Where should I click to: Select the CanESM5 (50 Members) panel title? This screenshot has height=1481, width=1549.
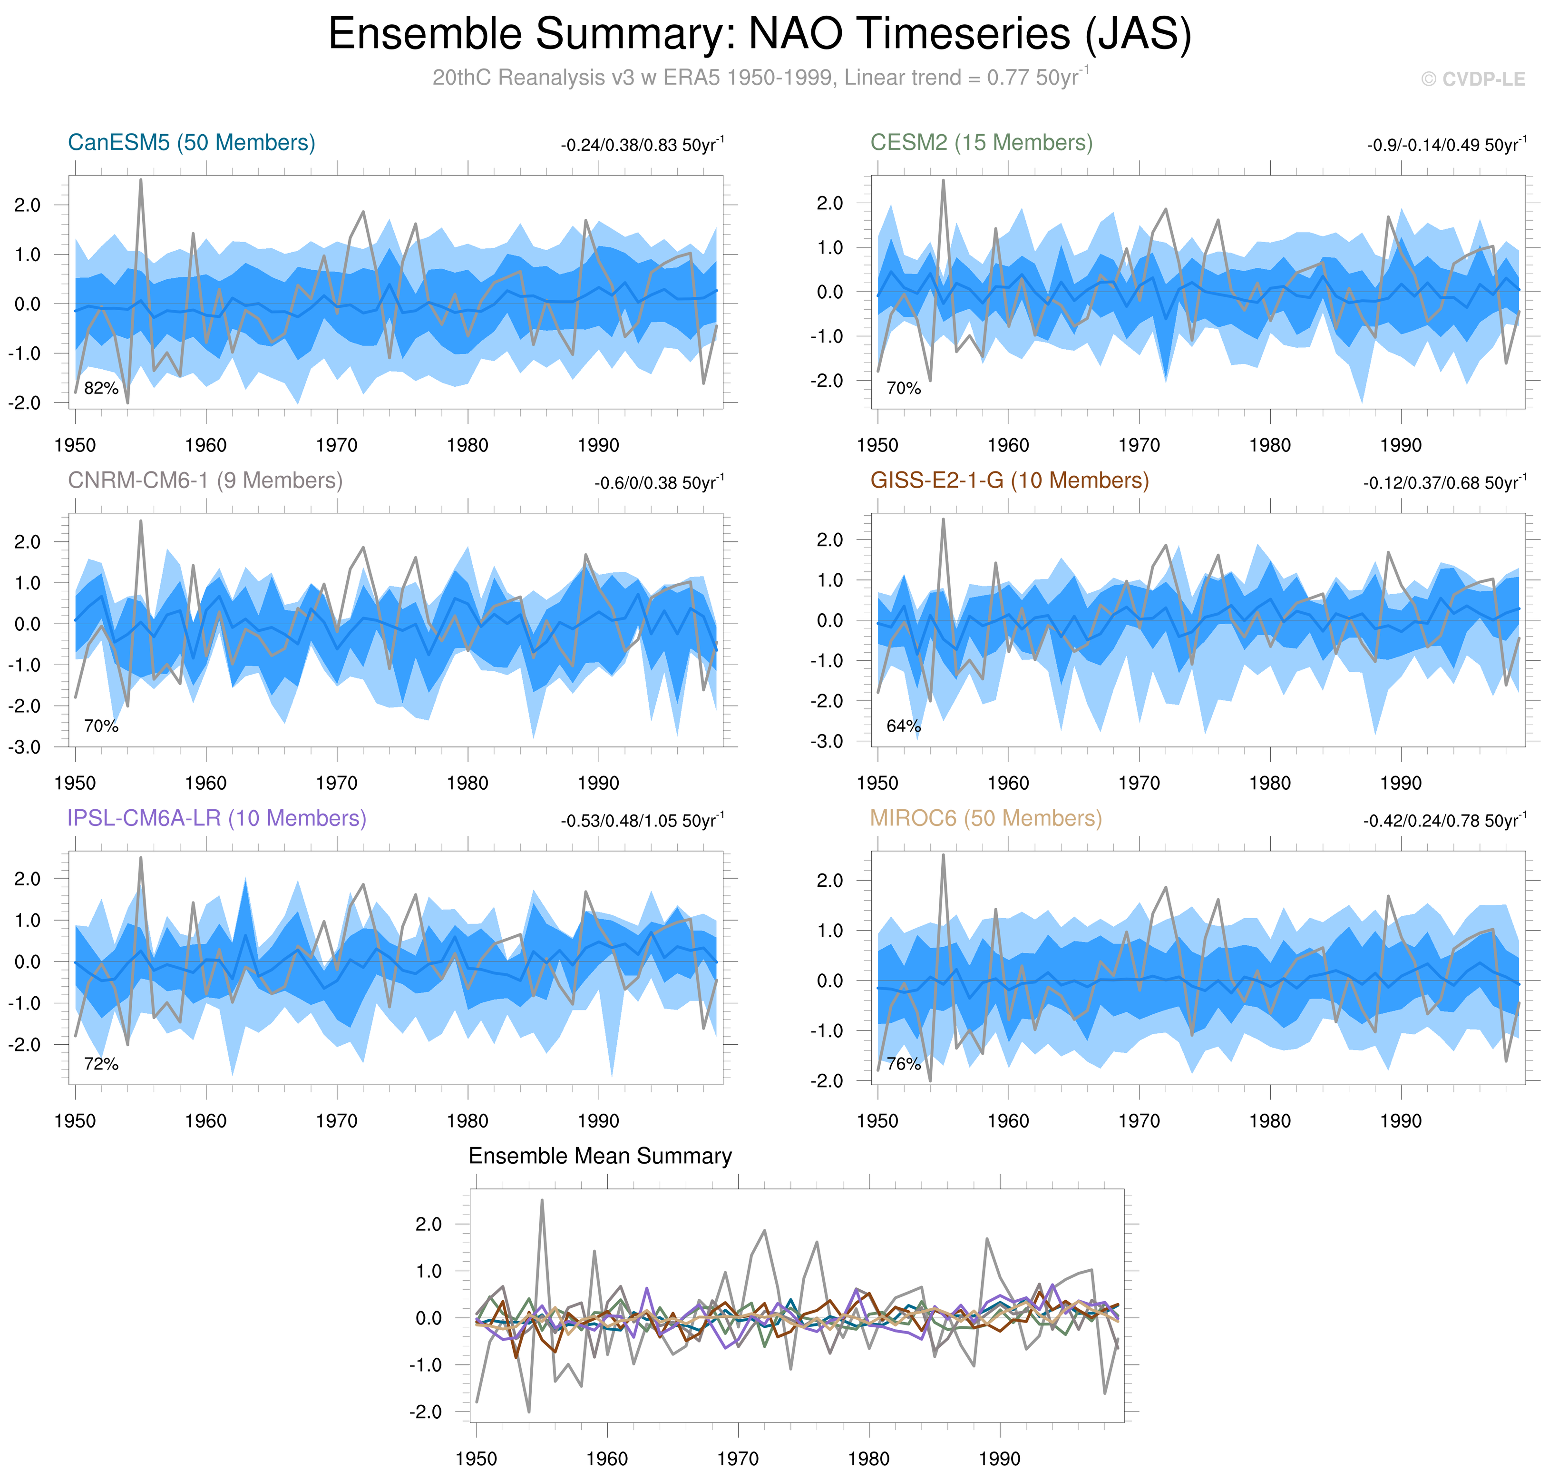pos(192,143)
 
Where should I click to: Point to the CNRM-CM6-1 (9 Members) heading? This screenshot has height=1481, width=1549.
pos(205,481)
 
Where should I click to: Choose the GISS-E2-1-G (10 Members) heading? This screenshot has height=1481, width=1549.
pos(1009,481)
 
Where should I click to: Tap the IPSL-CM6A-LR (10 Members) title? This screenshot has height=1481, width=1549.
pos(217,819)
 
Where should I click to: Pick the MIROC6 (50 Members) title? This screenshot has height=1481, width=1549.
pos(985,819)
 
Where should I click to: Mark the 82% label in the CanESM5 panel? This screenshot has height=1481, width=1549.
pos(101,388)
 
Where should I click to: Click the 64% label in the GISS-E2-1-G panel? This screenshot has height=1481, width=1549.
pos(904,726)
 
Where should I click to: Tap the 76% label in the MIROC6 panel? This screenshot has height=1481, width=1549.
pos(904,1064)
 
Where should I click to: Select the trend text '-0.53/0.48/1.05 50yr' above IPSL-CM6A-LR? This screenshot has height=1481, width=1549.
pos(641,822)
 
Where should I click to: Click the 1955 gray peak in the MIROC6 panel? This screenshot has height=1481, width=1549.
pos(943,856)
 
